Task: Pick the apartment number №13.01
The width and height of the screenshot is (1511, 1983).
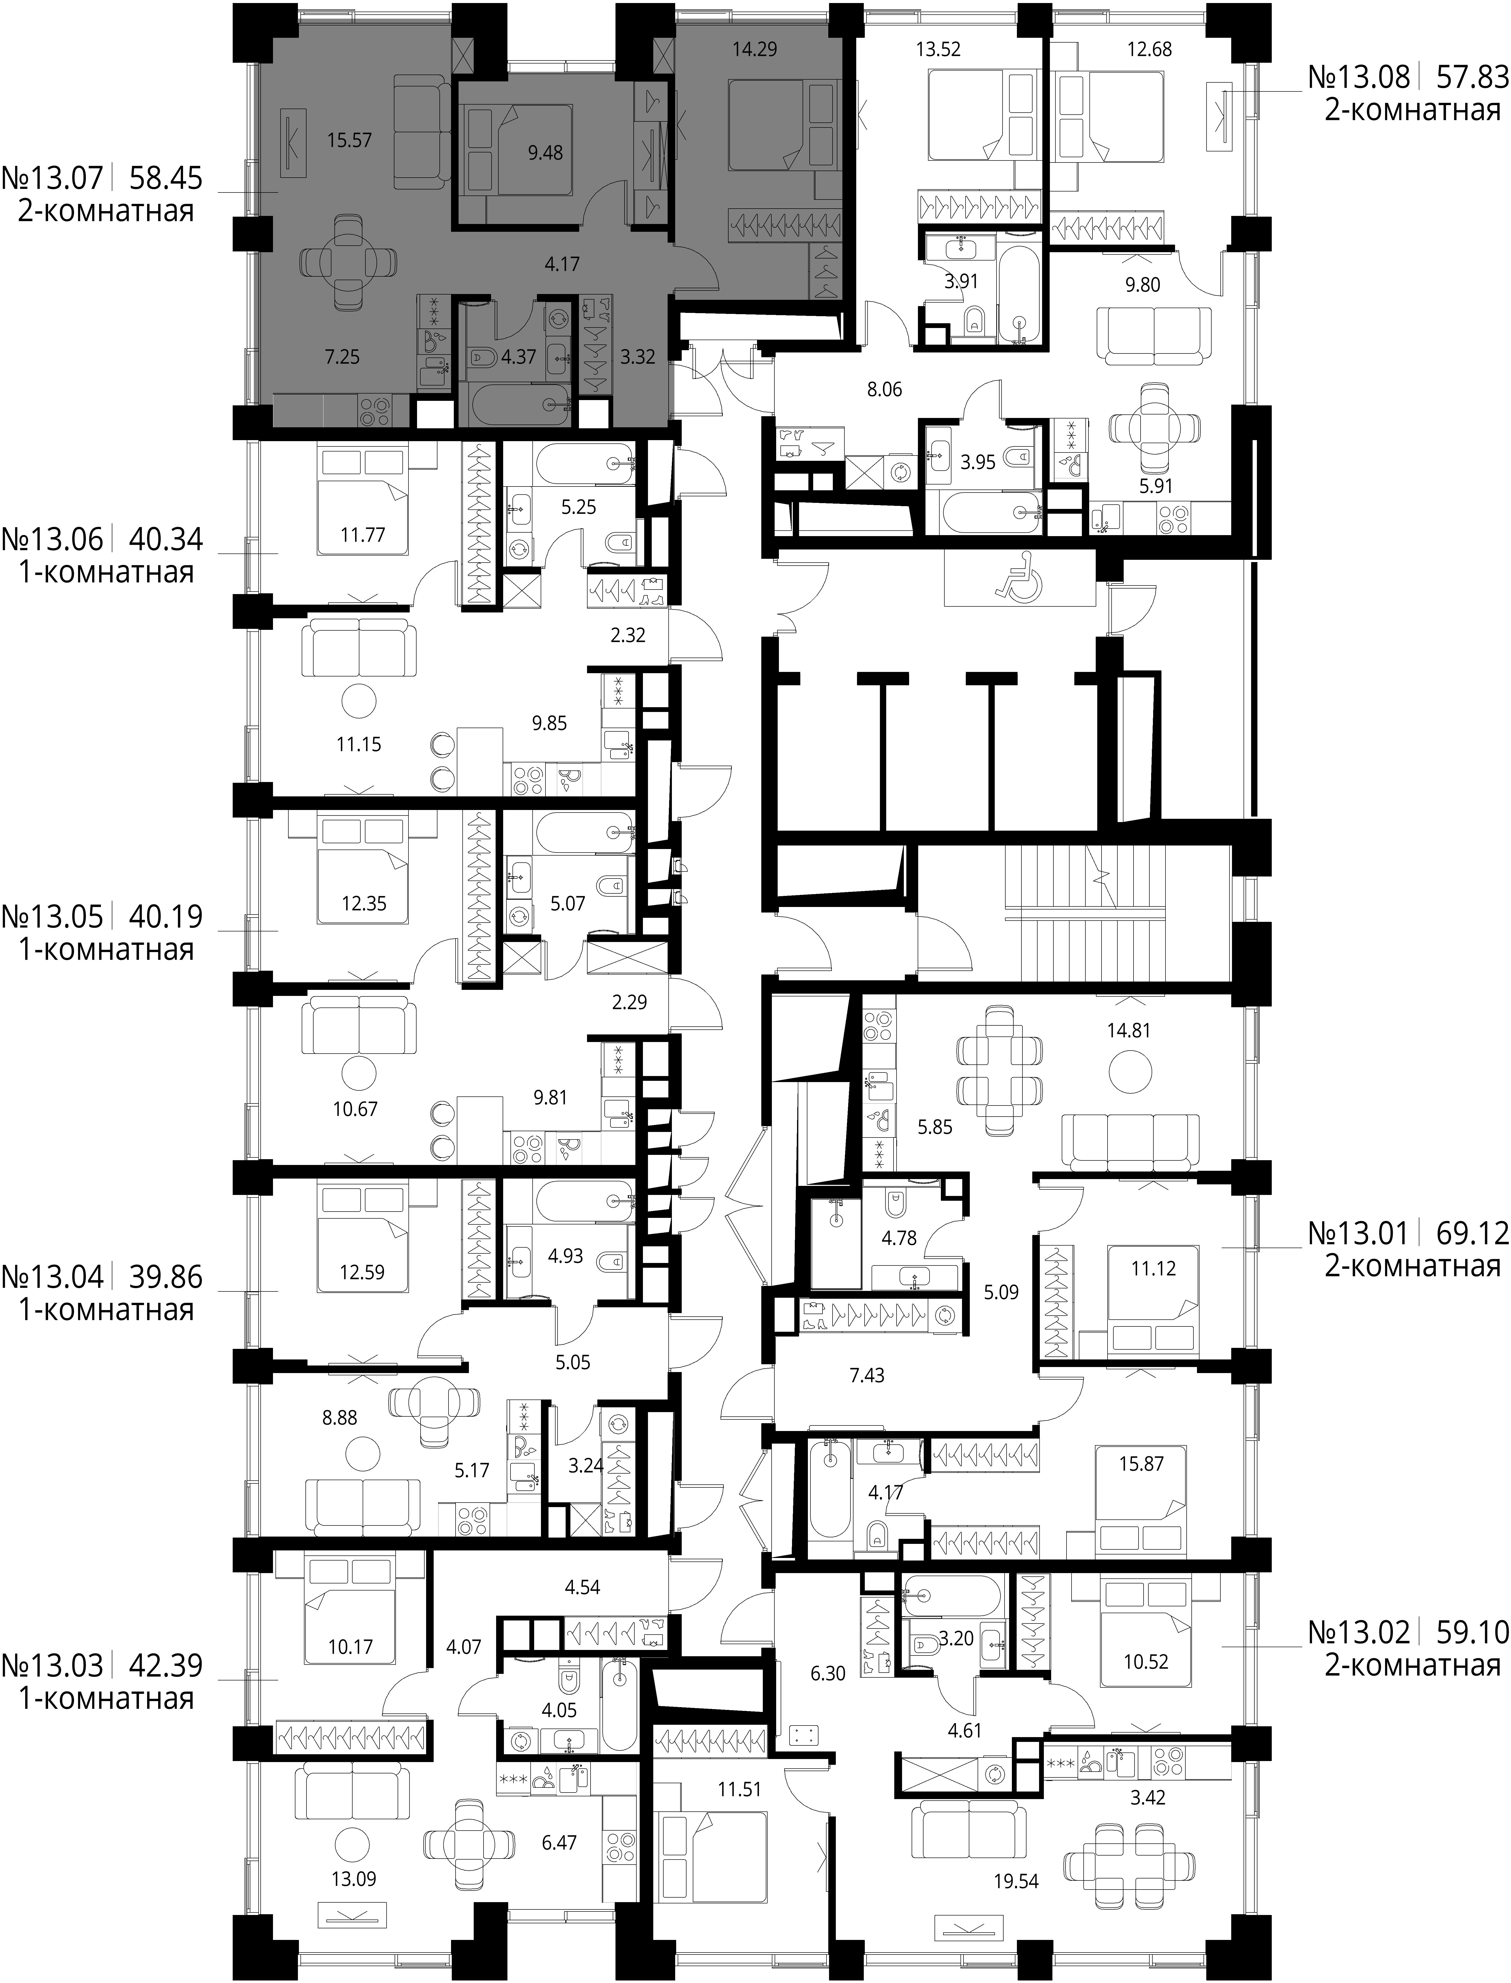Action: click(1359, 1233)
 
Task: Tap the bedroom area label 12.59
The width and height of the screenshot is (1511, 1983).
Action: click(362, 1272)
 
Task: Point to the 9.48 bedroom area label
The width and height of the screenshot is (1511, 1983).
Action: click(545, 153)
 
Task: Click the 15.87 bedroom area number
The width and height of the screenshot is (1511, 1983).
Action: click(1141, 1464)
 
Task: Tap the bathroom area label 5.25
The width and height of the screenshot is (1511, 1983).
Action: click(578, 507)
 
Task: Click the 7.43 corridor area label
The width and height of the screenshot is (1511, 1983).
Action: click(867, 1375)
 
